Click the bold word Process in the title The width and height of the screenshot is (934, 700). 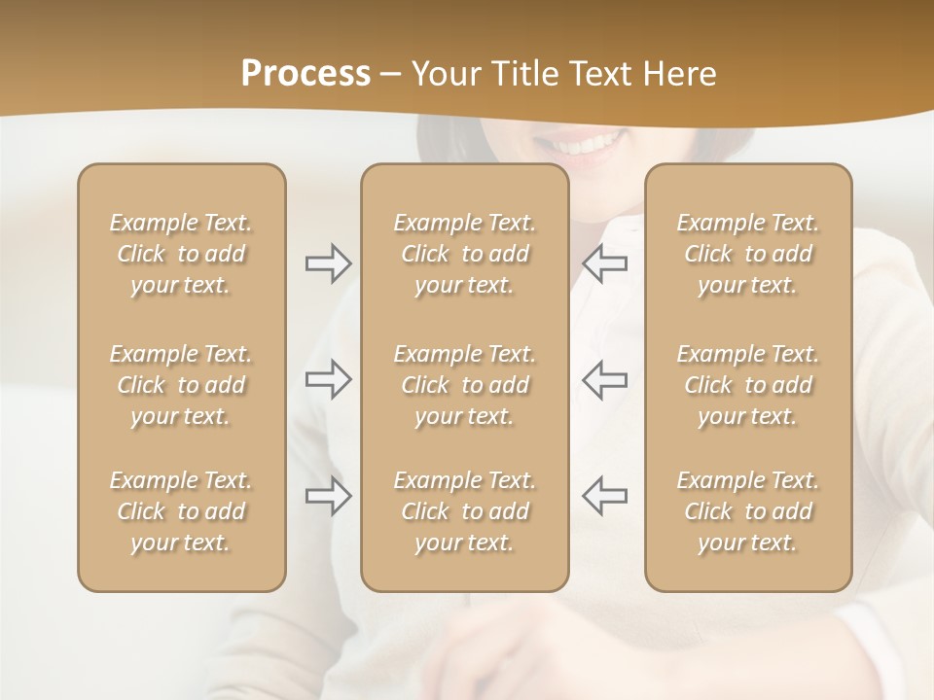[305, 74]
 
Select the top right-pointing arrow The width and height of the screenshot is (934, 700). [328, 263]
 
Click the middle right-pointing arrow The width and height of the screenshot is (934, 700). [328, 379]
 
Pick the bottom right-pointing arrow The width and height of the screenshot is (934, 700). [328, 496]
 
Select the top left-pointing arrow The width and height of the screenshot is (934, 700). [604, 263]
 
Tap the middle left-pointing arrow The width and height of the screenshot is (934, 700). [604, 379]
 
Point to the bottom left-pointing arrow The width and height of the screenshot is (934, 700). [604, 496]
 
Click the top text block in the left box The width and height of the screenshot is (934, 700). [181, 254]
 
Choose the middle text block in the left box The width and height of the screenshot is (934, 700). [181, 385]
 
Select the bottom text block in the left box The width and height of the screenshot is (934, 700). [181, 511]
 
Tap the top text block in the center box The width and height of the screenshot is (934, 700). [465, 254]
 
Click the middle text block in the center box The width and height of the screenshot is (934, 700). [465, 385]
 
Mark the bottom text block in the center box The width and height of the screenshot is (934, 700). [465, 511]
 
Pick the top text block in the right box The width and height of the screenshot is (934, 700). [748, 254]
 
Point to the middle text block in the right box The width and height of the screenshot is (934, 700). [748, 385]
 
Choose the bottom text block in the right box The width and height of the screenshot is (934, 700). [748, 511]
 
